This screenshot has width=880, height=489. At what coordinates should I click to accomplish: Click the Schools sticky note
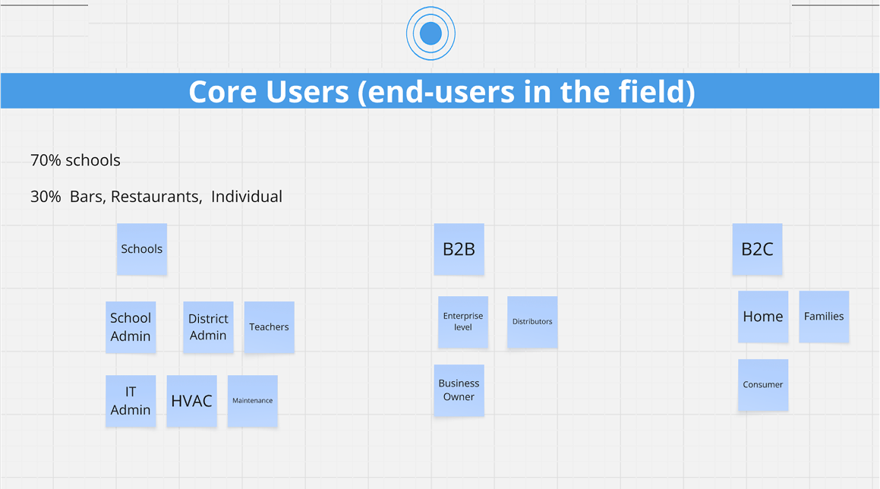142,249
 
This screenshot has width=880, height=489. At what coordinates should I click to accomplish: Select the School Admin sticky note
131,327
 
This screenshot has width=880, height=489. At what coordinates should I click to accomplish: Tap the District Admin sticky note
208,327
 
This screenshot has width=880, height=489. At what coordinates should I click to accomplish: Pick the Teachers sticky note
269,327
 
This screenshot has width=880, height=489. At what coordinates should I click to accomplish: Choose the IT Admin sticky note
131,401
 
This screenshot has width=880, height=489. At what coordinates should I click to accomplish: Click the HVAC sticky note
191,401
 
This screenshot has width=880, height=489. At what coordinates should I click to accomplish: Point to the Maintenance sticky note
252,401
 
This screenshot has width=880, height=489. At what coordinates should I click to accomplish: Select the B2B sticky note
459,249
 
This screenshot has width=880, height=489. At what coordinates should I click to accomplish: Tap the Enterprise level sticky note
463,322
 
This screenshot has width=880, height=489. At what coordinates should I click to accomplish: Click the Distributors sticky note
532,322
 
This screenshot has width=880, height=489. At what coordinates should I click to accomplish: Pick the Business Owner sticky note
459,390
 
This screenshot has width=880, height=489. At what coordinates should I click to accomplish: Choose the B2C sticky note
757,249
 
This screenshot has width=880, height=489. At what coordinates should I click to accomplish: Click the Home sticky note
763,317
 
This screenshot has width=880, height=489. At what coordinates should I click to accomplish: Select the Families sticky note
824,317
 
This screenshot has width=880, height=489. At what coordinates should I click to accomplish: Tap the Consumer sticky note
763,385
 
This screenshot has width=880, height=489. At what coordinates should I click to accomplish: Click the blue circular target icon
431,33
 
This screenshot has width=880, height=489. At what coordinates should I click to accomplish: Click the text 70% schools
75,160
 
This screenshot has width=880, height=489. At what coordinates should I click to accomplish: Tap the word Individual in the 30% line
247,197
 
